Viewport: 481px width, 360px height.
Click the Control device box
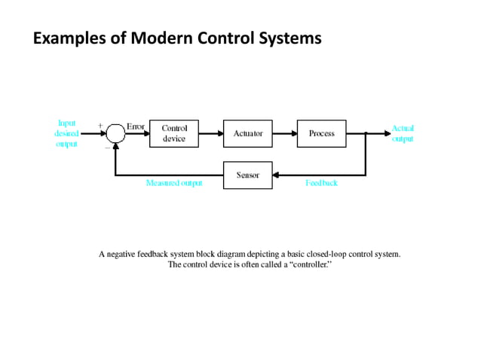(x=174, y=133)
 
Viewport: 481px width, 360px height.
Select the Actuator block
(x=248, y=133)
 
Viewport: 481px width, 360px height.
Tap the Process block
(x=322, y=133)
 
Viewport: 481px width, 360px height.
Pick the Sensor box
(x=248, y=175)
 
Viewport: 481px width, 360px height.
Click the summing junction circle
(x=115, y=134)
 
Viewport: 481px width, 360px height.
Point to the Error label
(x=136, y=127)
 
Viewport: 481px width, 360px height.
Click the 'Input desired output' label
(x=66, y=133)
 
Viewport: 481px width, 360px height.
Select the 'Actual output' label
(x=403, y=134)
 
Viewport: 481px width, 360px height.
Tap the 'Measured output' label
(x=174, y=184)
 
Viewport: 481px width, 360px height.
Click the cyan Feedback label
(x=320, y=184)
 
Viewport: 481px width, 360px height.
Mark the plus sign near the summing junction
(x=100, y=126)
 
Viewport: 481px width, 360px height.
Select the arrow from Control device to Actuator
(x=211, y=133)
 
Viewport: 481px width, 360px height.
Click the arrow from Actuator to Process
(x=285, y=133)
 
